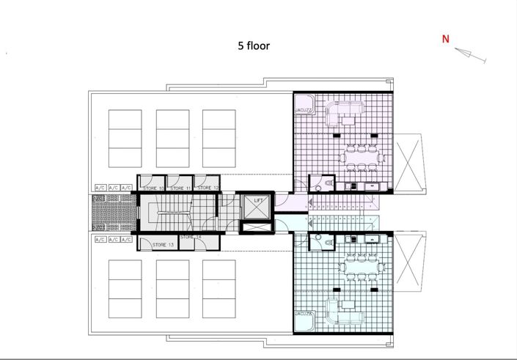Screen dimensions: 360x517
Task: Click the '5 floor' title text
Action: (x=253, y=45)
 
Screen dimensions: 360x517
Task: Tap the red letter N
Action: (x=445, y=40)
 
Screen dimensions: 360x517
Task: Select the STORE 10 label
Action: (x=153, y=188)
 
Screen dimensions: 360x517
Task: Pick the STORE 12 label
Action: (x=208, y=188)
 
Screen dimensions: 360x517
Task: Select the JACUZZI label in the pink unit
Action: (x=305, y=111)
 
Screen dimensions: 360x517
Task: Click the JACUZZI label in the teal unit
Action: (x=305, y=313)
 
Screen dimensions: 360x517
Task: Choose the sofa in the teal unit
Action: (x=347, y=311)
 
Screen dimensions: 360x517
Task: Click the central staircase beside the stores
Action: (x=175, y=213)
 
